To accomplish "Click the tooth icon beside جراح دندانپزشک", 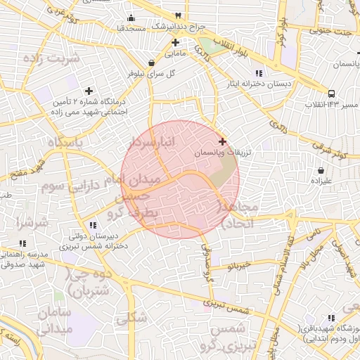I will pos(179,15).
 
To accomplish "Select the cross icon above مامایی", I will pos(175,42).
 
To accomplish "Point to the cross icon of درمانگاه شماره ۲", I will pos(89,91).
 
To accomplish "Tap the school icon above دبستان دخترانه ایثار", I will pos(259,73).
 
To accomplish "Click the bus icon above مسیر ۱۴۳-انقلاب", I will pos(330,93).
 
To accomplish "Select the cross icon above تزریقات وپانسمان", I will pos(223,141).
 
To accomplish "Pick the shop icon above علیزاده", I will pos(321,170).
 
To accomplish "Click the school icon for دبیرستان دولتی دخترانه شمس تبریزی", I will pos(92,225).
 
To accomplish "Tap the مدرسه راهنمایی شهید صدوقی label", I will pos(22,259).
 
